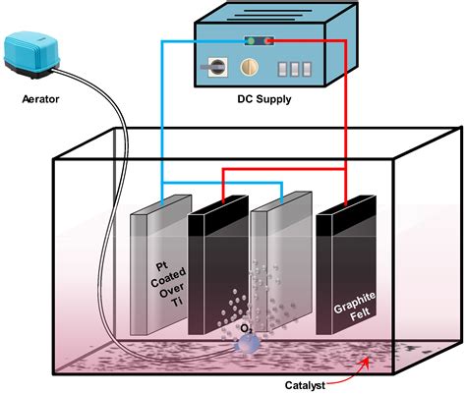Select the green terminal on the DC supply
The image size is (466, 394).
point(253,41)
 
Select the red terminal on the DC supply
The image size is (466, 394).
point(266,41)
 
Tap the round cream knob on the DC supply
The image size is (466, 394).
point(249,71)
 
